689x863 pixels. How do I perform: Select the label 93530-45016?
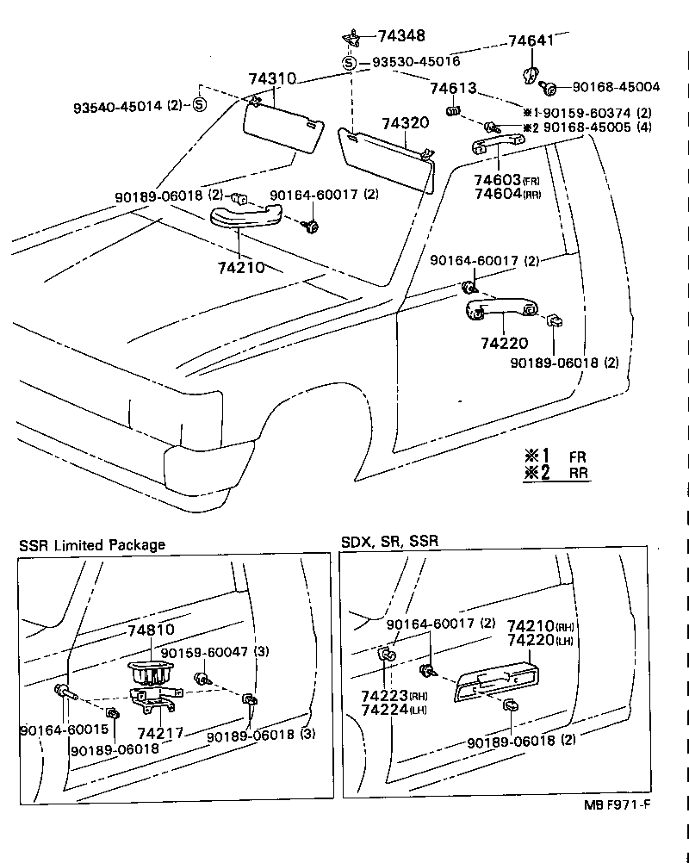pos(415,62)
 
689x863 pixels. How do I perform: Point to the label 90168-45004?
pos(616,87)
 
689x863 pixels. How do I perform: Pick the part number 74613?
pos(453,89)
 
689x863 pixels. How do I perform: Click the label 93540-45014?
pos(128,106)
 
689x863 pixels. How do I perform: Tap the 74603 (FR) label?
pos(507,180)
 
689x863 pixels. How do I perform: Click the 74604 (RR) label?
pos(507,194)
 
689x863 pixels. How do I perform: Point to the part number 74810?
pos(151,630)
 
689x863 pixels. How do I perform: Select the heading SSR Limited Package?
pos(92,545)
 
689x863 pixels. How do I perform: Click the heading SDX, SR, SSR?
pos(389,542)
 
